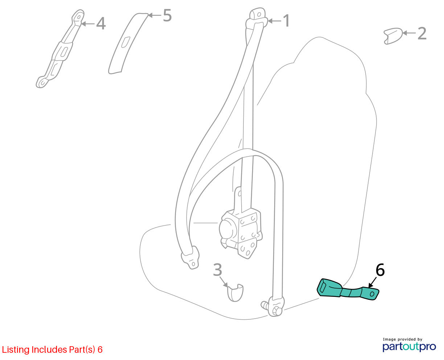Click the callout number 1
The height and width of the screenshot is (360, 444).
pyautogui.click(x=286, y=21)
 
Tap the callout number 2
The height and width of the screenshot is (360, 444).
pyautogui.click(x=422, y=33)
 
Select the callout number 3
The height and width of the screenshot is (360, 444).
pyautogui.click(x=218, y=270)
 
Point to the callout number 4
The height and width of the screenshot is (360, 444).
pyautogui.click(x=101, y=23)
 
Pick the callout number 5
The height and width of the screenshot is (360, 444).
pyautogui.click(x=167, y=15)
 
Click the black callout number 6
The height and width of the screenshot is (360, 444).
pyautogui.click(x=380, y=270)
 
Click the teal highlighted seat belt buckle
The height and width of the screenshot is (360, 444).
pyautogui.click(x=348, y=290)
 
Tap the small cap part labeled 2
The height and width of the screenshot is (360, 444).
pyautogui.click(x=393, y=36)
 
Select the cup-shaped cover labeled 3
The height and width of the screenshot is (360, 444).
pyautogui.click(x=235, y=292)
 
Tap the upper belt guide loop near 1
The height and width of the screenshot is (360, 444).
pyautogui.click(x=257, y=19)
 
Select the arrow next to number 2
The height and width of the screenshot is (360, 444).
pyautogui.click(x=409, y=33)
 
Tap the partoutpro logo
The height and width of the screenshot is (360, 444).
pyautogui.click(x=409, y=347)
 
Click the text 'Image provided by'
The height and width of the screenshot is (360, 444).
pyautogui.click(x=403, y=339)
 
